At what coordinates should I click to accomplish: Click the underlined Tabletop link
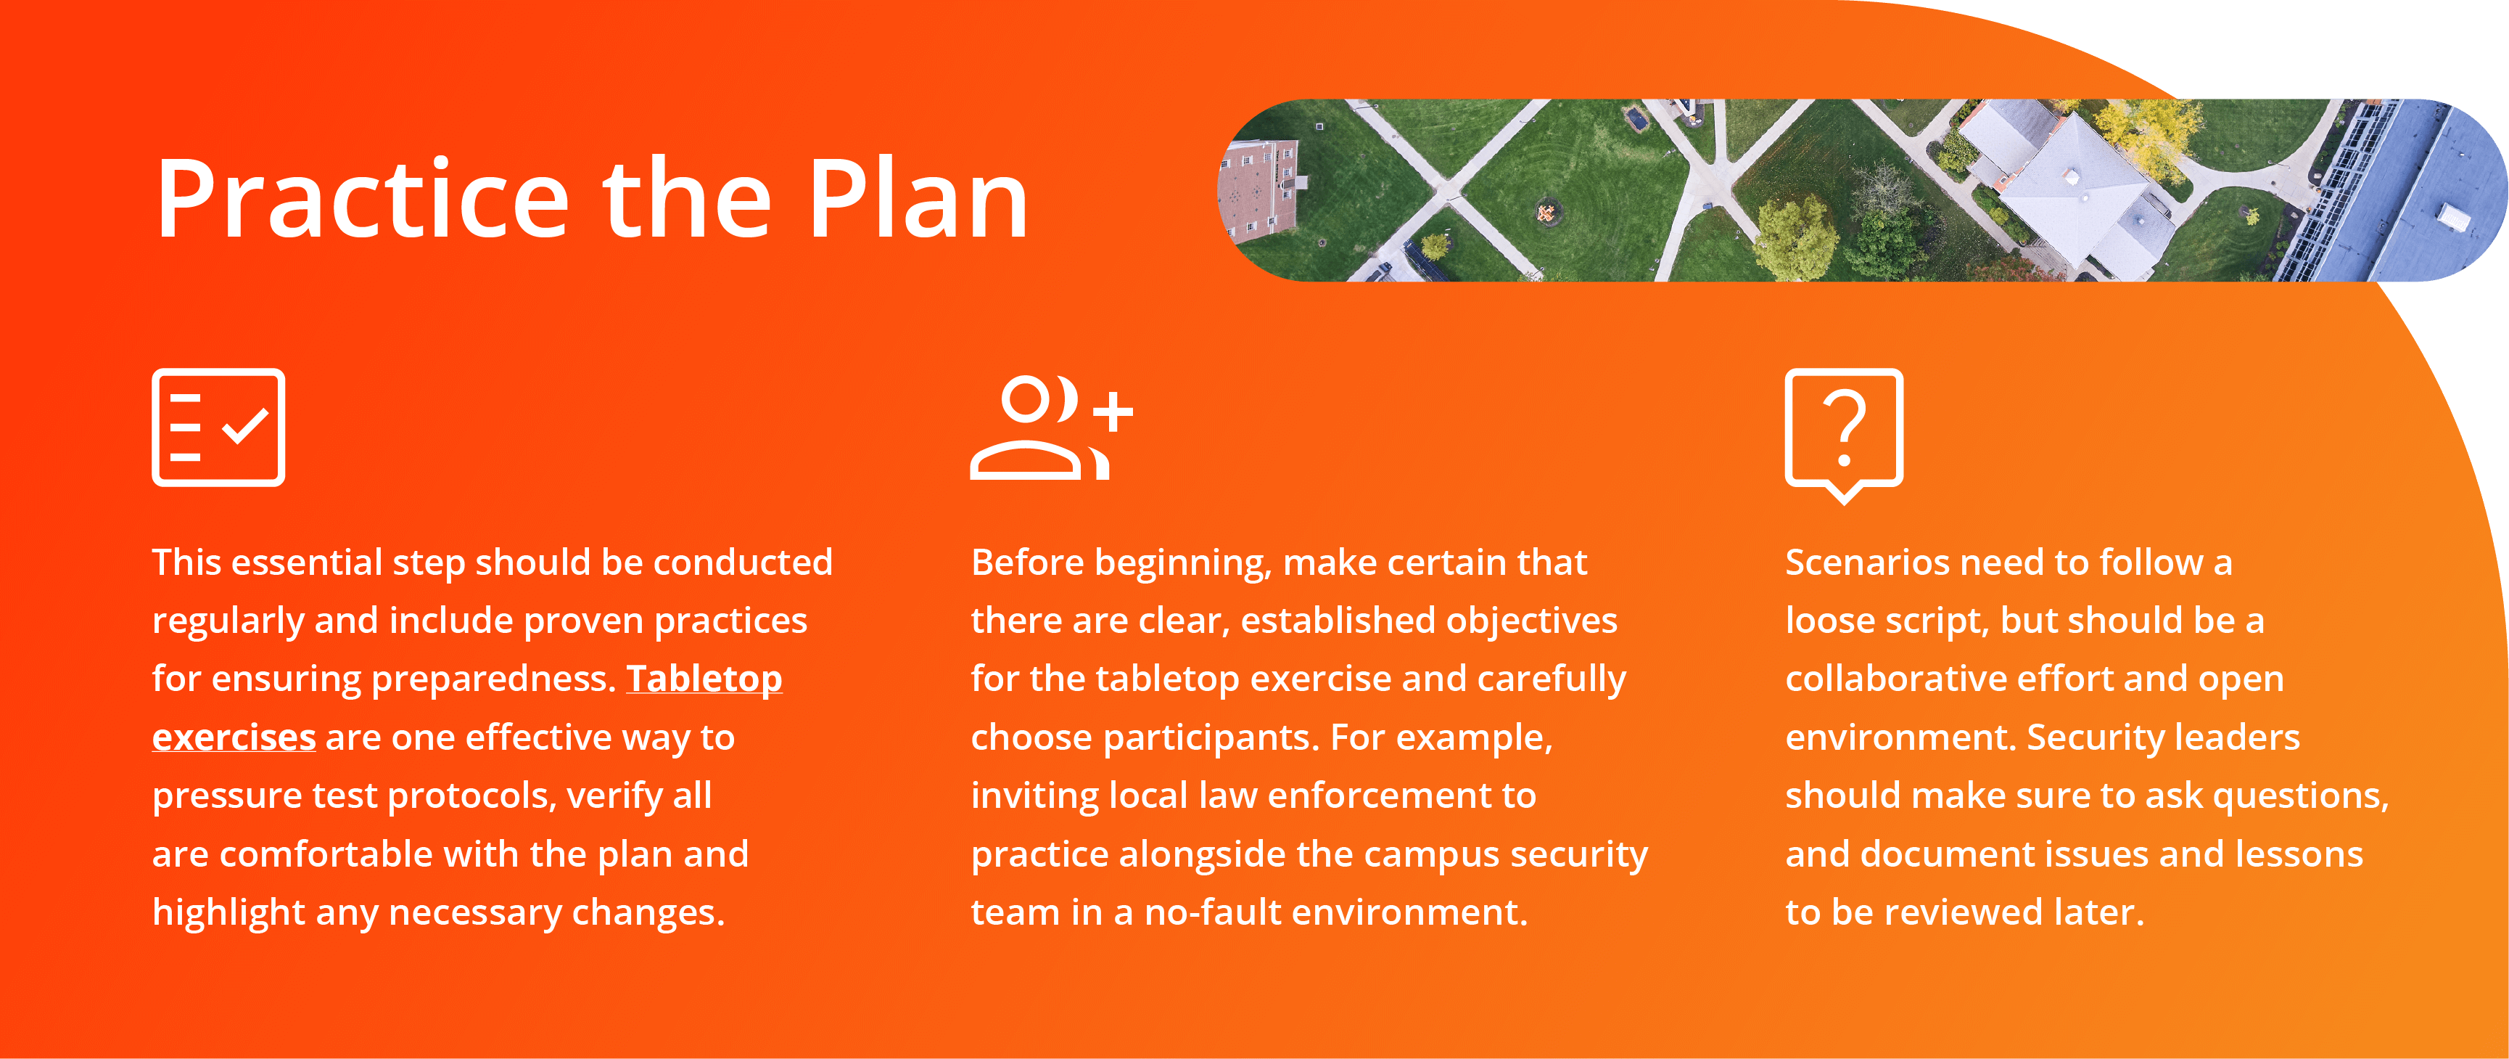tap(704, 679)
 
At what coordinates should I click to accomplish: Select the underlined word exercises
tap(234, 737)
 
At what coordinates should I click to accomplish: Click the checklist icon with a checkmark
tap(218, 427)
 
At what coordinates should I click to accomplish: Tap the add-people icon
tap(1052, 427)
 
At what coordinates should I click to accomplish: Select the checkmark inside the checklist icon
tap(245, 426)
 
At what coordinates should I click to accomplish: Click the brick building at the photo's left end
tap(1258, 190)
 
